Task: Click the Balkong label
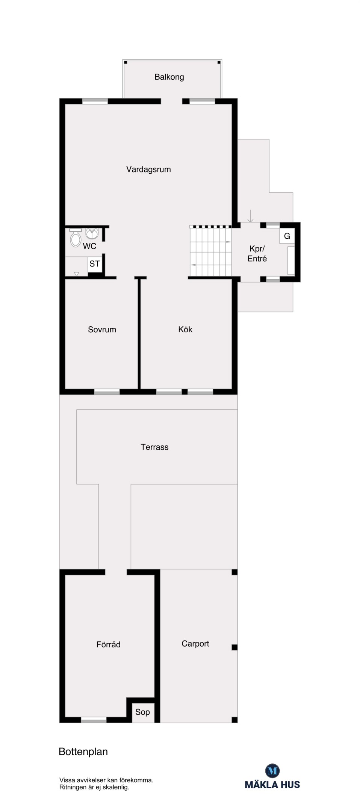coord(169,77)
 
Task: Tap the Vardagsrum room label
coord(148,169)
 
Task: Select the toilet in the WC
coord(76,237)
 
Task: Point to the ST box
coord(94,264)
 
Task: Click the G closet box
coord(287,236)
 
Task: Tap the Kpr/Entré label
coord(257,254)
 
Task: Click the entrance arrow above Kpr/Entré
coord(251,216)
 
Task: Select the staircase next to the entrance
coord(210,251)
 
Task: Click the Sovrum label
coord(102,330)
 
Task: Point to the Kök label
coord(185,329)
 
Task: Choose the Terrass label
coord(154,447)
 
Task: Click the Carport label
coord(195,644)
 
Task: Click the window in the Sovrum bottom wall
coord(107,392)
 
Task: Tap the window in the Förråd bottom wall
coord(94,721)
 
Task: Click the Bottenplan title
coord(83,752)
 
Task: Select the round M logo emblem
coord(272,771)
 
